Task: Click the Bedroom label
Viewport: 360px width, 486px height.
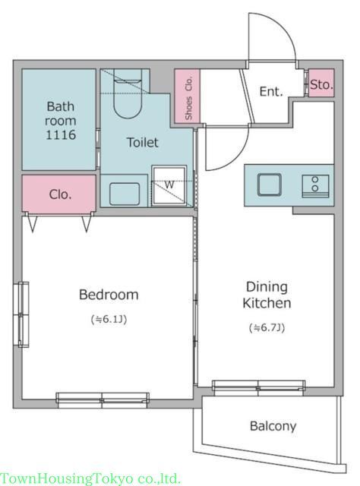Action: point(109,295)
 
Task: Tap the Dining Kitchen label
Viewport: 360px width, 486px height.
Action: point(267,295)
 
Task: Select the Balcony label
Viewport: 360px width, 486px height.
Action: point(273,426)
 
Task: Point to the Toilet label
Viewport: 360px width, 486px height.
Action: point(142,142)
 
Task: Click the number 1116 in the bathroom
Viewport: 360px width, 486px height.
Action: point(61,135)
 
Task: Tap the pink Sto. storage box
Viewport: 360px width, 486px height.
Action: point(321,83)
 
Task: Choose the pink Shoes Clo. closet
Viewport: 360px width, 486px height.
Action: point(188,96)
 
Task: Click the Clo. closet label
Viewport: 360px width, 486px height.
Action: point(60,194)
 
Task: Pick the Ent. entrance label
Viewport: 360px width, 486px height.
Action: point(271,91)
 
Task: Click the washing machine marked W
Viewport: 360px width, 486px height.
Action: point(169,185)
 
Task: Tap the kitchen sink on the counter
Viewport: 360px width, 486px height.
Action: point(270,185)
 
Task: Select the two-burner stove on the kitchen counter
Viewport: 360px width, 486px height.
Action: point(315,185)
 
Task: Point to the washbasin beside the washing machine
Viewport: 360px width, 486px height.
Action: point(125,194)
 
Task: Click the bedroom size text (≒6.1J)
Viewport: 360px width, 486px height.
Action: point(109,319)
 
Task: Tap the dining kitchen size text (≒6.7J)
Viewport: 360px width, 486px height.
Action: point(267,327)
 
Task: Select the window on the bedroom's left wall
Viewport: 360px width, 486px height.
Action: point(24,314)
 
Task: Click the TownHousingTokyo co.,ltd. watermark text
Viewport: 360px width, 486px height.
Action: point(90,478)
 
